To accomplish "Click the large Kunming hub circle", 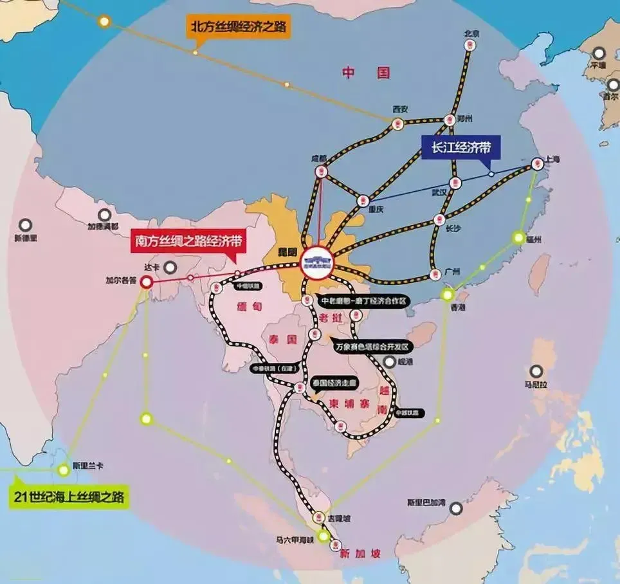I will (x=318, y=262).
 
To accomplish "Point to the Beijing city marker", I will (x=471, y=46).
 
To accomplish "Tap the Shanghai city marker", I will (x=538, y=165).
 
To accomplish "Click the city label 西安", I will (x=400, y=109).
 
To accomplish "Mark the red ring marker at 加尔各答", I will (x=147, y=282).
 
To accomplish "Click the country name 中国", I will (x=366, y=73).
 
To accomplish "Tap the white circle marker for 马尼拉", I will (x=536, y=371).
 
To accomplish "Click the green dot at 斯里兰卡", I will (x=63, y=470).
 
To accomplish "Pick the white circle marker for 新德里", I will (x=25, y=225).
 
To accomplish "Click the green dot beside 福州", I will (x=518, y=238).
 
